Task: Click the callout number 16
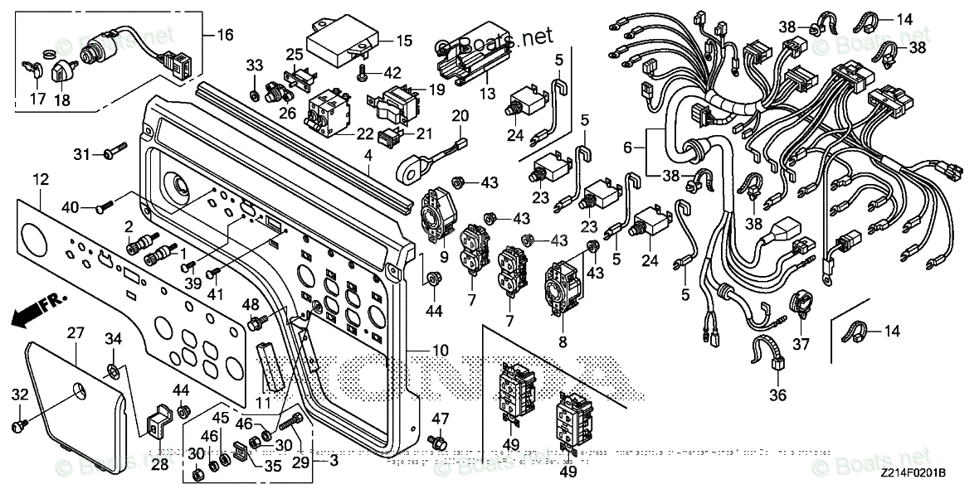225,36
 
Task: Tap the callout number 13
486,93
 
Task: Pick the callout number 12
41,179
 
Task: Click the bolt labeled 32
17,424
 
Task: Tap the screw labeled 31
111,154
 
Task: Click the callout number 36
777,395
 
